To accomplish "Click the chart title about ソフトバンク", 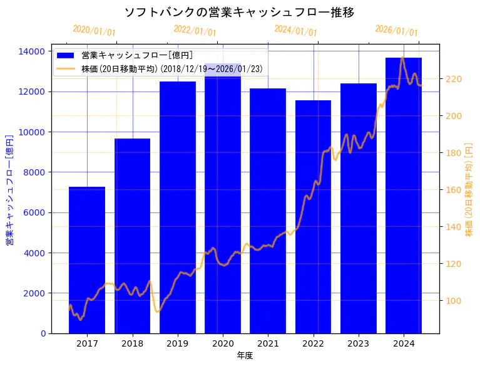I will pyautogui.click(x=240, y=13).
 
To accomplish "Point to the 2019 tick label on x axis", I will pyautogui.click(x=178, y=343).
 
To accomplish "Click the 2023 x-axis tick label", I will pyautogui.click(x=358, y=343).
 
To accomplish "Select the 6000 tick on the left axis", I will pyautogui.click(x=35, y=212).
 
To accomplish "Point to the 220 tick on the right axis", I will pyautogui.click(x=452, y=79).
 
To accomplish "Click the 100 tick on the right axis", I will pyautogui.click(x=452, y=301).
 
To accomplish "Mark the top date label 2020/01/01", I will pyautogui.click(x=94, y=31).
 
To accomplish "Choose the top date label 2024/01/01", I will pyautogui.click(x=295, y=31).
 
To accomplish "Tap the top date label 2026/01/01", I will pyautogui.click(x=396, y=31).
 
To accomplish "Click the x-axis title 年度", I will pyautogui.click(x=245, y=355).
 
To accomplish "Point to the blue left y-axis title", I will pyautogui.click(x=9, y=189).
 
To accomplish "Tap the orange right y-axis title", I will pyautogui.click(x=469, y=189).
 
